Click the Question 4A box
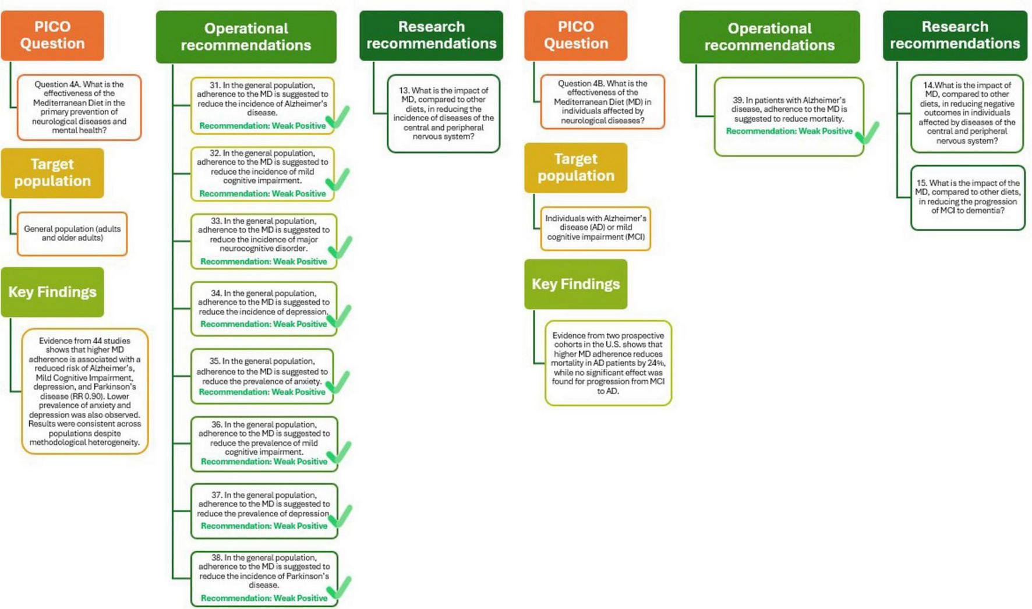pyautogui.click(x=79, y=107)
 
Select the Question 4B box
pyautogui.click(x=602, y=101)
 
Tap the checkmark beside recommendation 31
pyautogui.click(x=338, y=118)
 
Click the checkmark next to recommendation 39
pyautogui.click(x=867, y=133)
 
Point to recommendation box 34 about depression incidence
pyautogui.click(x=263, y=309)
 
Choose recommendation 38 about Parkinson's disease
pyautogui.click(x=264, y=578)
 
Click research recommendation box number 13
pyautogui.click(x=443, y=114)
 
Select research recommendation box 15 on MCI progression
pyautogui.click(x=967, y=197)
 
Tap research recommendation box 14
pyautogui.click(x=967, y=113)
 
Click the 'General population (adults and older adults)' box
pyautogui.click(x=72, y=233)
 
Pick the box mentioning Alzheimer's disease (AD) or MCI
pyautogui.click(x=595, y=228)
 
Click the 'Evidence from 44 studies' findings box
pyautogui.click(x=85, y=391)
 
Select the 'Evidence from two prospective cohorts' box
pyautogui.click(x=608, y=363)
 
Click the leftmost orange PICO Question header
pyautogui.click(x=52, y=36)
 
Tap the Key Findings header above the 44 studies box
pyautogui.click(x=52, y=292)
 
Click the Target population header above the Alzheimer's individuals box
pyautogui.click(x=575, y=168)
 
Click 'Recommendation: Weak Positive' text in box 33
pyautogui.click(x=263, y=261)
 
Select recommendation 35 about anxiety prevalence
pyautogui.click(x=262, y=376)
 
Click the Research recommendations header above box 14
pyautogui.click(x=955, y=36)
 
